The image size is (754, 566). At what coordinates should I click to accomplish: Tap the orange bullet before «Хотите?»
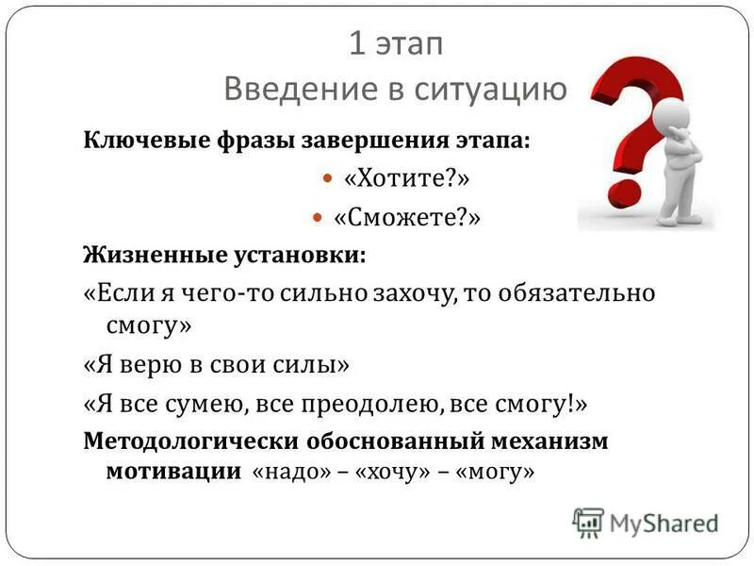[x=328, y=178]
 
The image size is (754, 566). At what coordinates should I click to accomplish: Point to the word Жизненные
[x=139, y=255]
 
